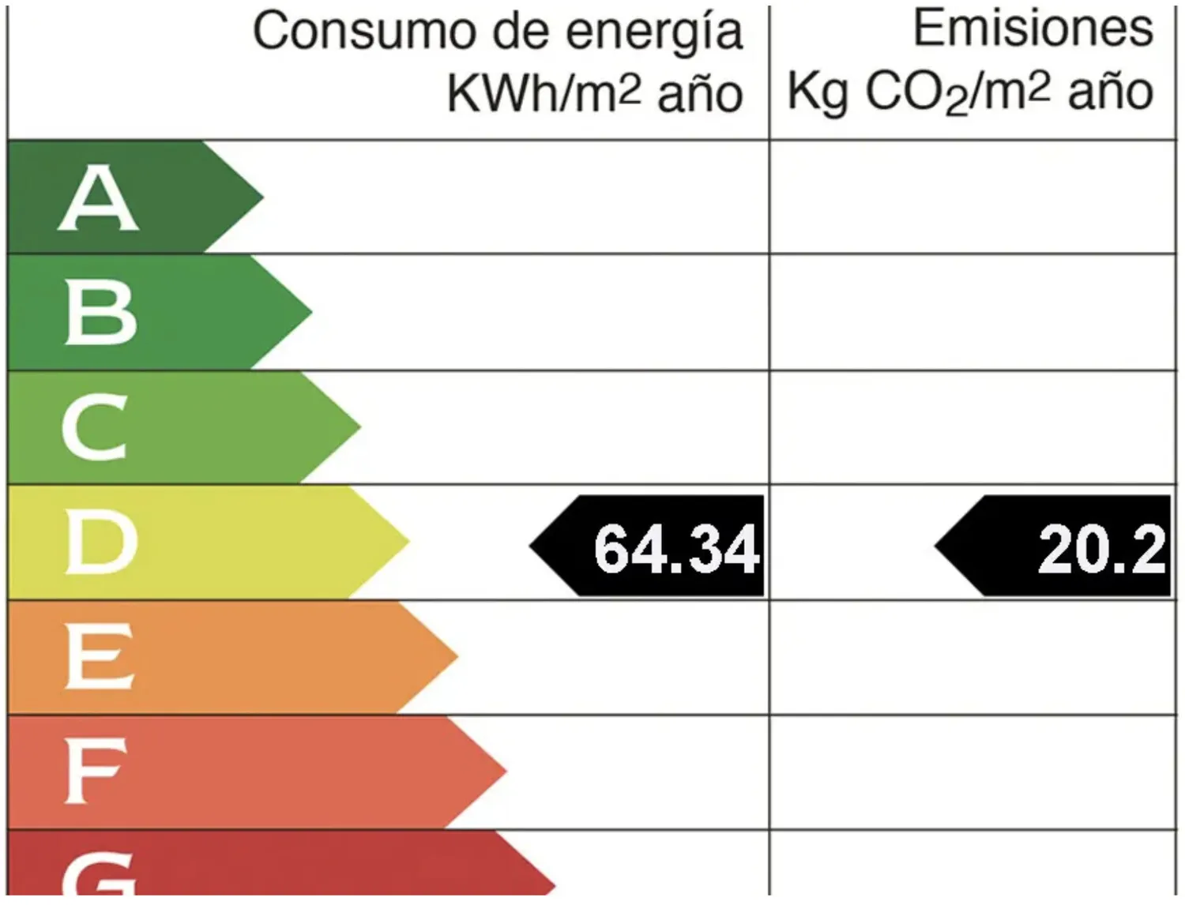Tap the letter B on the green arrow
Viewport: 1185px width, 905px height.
pos(100,314)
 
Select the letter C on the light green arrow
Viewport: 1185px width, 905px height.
pos(95,427)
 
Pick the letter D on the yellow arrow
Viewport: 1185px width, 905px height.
pos(100,542)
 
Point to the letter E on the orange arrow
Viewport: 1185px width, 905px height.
pos(99,655)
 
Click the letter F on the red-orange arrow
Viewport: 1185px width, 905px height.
pos(95,770)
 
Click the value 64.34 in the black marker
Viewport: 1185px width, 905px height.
pos(675,548)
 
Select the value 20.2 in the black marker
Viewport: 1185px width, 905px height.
pos(1101,548)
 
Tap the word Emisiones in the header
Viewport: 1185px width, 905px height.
pos(1033,28)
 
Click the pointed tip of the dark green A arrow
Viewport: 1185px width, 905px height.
pos(261,197)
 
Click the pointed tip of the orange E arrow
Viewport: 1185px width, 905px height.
pos(456,655)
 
